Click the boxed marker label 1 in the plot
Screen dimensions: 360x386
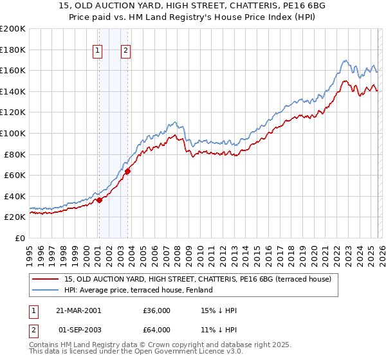98,51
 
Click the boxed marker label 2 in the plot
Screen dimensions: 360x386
125,51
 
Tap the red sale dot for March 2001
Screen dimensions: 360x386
100,200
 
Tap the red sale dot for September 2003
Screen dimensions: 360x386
128,171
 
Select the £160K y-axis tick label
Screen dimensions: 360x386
13,70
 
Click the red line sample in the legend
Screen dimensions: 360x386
45,279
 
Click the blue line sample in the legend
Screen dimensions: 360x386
45,291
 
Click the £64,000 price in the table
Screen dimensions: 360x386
157,330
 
